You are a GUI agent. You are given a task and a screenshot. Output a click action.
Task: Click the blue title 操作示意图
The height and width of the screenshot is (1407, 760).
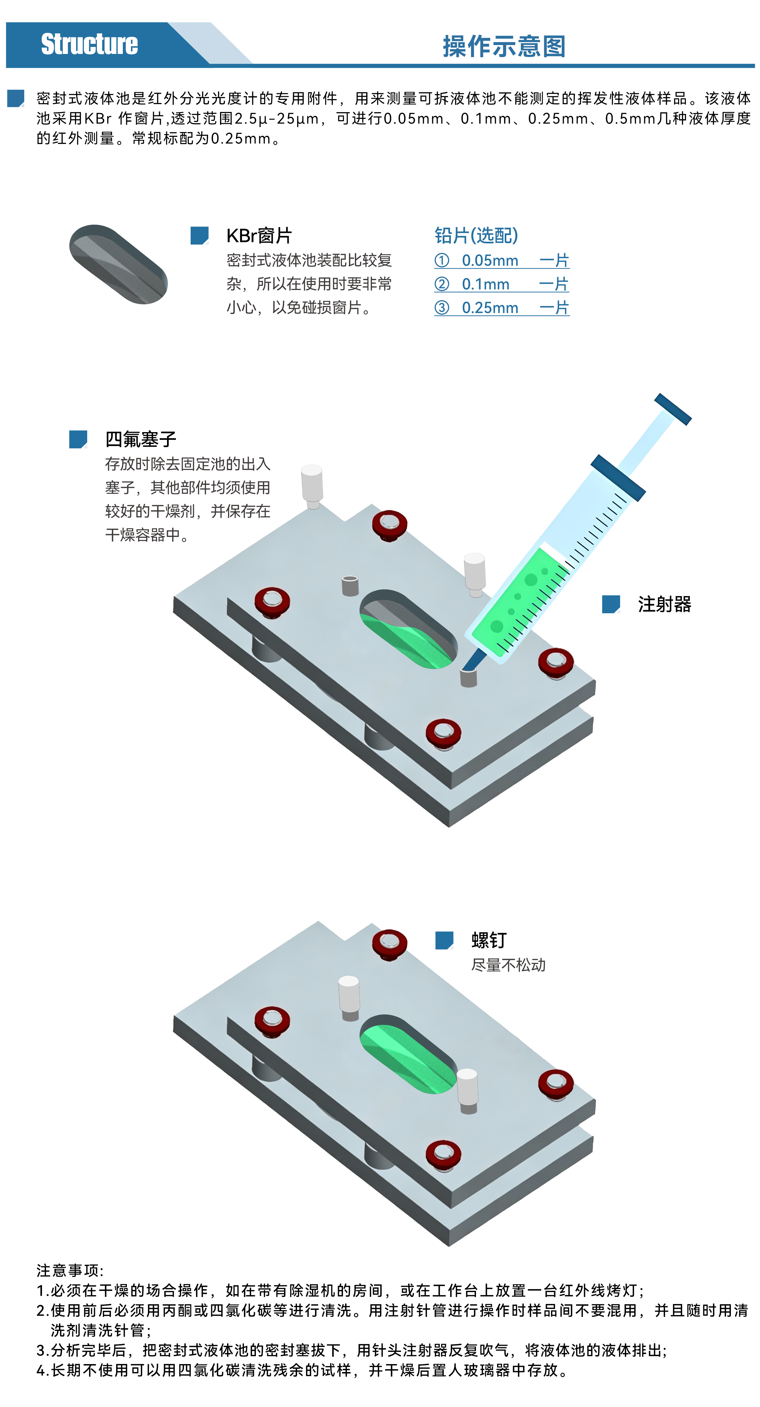504,46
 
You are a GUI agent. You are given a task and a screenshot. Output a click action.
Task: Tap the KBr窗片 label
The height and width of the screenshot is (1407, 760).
259,236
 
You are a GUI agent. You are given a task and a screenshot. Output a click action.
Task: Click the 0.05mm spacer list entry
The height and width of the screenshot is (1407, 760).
502,260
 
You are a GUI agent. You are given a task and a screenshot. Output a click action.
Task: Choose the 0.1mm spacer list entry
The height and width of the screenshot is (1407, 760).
502,284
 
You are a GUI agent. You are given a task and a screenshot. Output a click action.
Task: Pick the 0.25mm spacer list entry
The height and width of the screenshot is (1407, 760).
502,307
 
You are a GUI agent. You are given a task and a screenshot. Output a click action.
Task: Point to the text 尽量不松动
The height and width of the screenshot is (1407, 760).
508,965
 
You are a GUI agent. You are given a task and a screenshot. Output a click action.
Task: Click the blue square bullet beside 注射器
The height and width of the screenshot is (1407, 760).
611,604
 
